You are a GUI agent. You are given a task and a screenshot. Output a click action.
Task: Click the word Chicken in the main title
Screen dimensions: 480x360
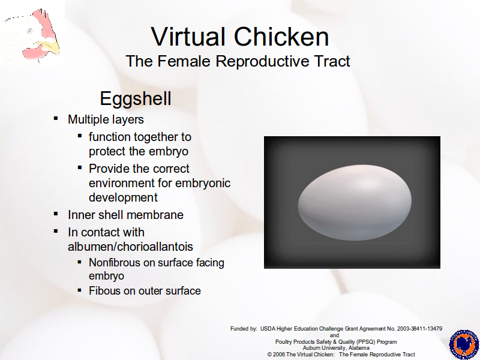(x=281, y=37)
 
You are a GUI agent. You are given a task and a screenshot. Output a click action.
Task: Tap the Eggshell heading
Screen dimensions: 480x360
(x=136, y=99)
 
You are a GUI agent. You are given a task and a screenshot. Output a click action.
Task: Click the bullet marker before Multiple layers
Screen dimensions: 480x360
(x=56, y=118)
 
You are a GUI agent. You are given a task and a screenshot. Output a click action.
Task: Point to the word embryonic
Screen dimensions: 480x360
(x=203, y=183)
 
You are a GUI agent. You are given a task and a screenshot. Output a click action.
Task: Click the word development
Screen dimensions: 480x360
(x=123, y=197)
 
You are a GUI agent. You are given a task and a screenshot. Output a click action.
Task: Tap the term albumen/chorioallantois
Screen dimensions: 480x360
(x=130, y=247)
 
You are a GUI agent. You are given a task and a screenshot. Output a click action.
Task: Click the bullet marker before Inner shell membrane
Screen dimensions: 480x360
(x=56, y=214)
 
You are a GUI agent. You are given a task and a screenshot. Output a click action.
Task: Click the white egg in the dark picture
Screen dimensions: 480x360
(x=355, y=202)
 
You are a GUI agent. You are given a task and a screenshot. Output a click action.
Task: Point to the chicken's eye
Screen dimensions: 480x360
(x=30, y=31)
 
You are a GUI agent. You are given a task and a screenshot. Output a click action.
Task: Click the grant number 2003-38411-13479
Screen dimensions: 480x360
(x=419, y=329)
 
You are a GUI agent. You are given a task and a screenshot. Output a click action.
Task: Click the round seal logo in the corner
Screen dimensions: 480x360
(x=464, y=344)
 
